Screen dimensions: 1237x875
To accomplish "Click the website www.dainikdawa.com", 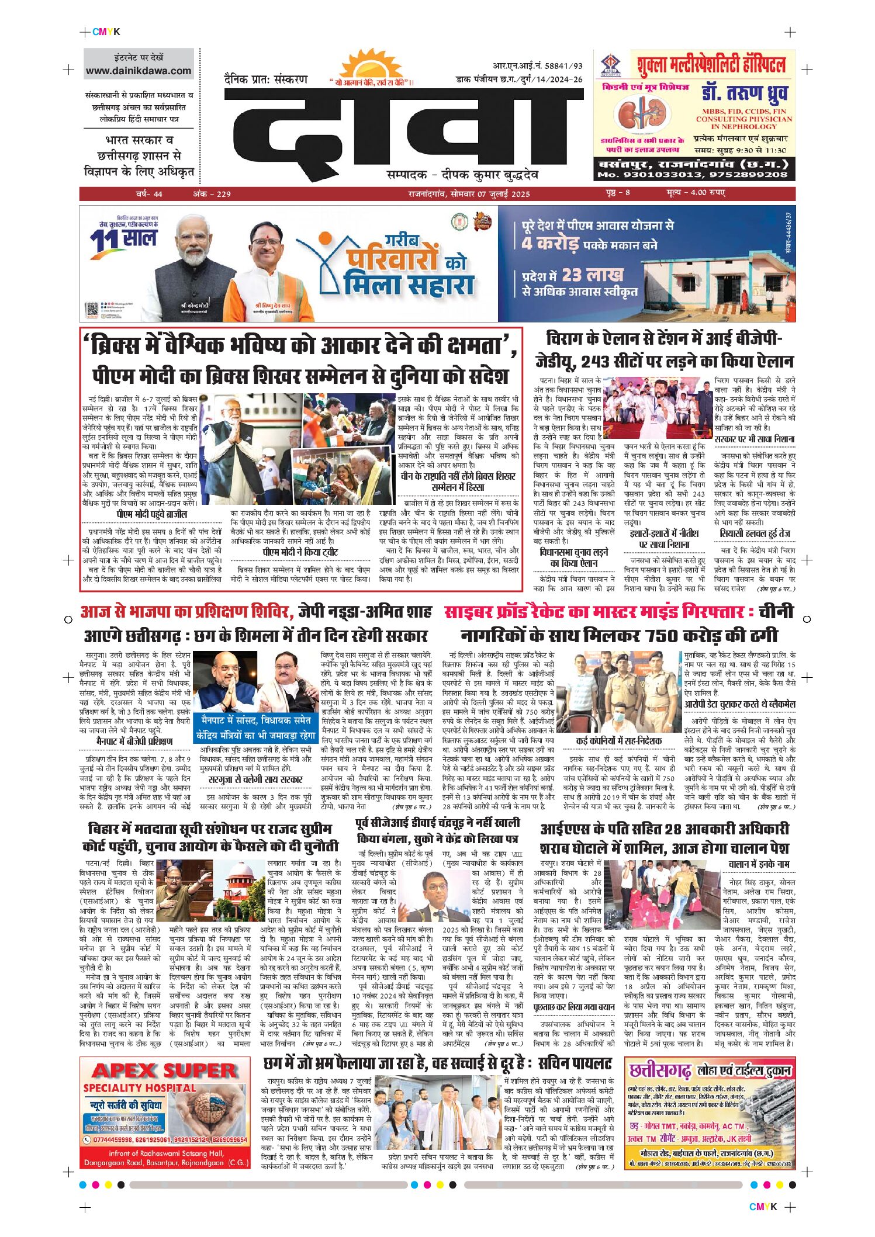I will click(x=139, y=71).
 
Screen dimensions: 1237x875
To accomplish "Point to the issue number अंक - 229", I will click(x=212, y=194).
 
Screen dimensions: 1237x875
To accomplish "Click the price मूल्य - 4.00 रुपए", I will click(x=696, y=193).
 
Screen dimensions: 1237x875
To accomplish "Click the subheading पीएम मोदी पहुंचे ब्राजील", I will click(x=152, y=514).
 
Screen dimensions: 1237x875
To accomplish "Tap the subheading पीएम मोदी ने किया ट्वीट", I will click(x=300, y=552).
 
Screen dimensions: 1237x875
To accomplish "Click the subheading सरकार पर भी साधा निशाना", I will click(x=754, y=439).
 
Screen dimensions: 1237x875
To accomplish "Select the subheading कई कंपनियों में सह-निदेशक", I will click(x=618, y=741).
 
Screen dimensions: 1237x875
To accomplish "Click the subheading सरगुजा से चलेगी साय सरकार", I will click(x=255, y=779).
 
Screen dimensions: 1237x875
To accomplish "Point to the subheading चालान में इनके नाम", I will click(x=759, y=864).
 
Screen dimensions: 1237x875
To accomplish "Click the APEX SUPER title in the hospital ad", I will click(x=164, y=1071).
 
